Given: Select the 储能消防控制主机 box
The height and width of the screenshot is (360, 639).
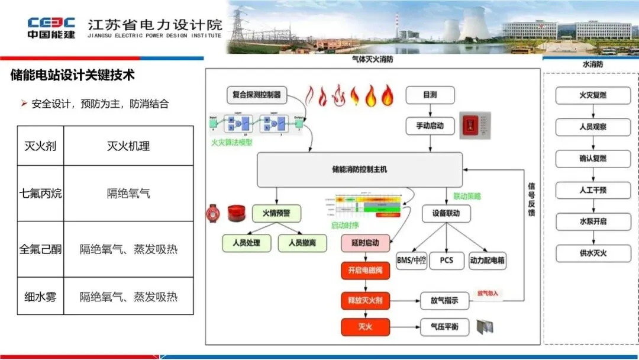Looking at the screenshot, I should click(359, 170).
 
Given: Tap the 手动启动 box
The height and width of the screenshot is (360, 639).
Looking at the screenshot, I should click(430, 126).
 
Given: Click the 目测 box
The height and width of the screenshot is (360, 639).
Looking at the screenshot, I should click(430, 94).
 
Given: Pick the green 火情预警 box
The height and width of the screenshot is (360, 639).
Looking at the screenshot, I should click(276, 213).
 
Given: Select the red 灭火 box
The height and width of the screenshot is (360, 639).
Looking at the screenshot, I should click(365, 327).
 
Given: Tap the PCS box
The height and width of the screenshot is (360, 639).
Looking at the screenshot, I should click(446, 260).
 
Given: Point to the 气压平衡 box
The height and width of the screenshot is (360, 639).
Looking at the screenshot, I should click(444, 327).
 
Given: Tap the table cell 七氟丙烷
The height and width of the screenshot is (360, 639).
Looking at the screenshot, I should click(40, 193).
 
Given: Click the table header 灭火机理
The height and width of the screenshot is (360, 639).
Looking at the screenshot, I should click(128, 146).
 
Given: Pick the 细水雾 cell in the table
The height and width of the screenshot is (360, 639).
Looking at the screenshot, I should click(40, 297).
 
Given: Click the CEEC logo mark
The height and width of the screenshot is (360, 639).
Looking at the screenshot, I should click(51, 23).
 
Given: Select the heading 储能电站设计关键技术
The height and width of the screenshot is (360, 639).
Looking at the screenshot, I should click(73, 75).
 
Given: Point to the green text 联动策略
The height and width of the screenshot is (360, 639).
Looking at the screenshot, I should click(467, 195).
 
